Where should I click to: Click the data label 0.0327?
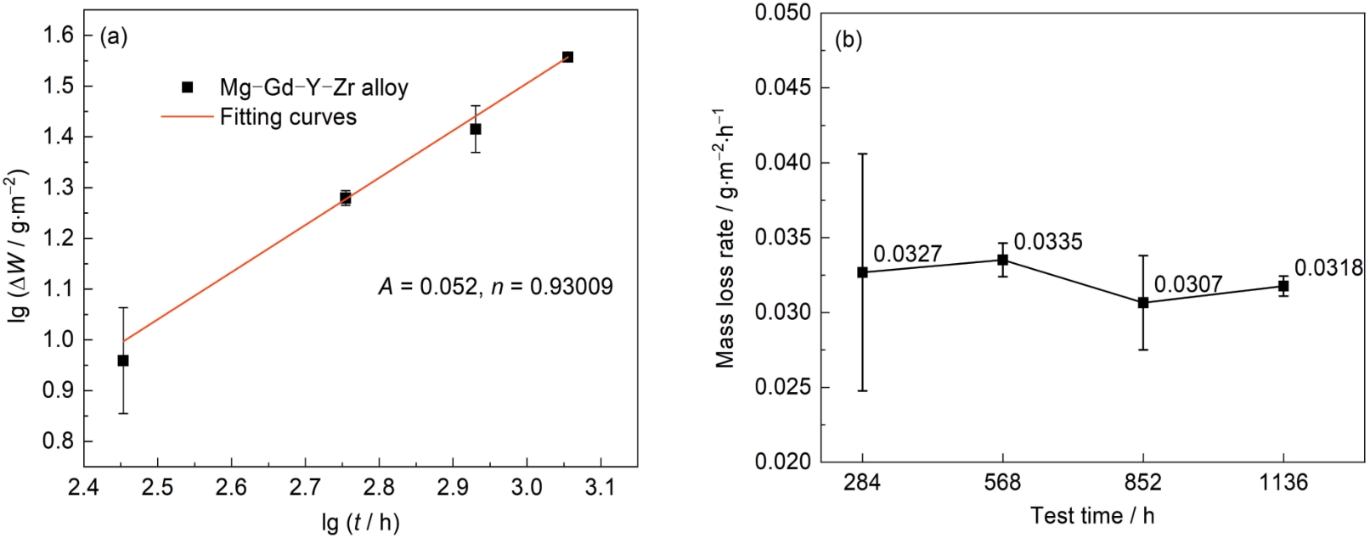(x=907, y=254)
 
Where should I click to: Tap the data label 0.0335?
(x=1048, y=242)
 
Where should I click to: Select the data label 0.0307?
(x=1188, y=284)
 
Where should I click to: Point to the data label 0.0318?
(x=1328, y=268)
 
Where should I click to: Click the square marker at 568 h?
(x=1003, y=260)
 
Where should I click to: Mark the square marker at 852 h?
(x=1143, y=302)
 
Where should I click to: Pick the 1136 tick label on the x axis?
(x=1283, y=483)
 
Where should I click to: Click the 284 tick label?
(x=862, y=483)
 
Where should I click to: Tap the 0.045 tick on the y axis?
(x=782, y=88)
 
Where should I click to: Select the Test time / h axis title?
(x=1092, y=516)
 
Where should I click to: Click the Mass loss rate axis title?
(x=724, y=238)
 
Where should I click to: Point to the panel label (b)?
(x=848, y=40)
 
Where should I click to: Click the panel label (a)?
(x=114, y=36)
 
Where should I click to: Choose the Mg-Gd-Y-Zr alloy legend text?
(x=313, y=87)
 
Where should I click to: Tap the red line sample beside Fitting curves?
(x=187, y=116)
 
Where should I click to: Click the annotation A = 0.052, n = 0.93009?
(x=495, y=287)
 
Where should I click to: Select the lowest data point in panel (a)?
(x=123, y=361)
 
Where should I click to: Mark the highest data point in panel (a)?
(x=567, y=57)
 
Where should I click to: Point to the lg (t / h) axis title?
(x=361, y=522)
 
